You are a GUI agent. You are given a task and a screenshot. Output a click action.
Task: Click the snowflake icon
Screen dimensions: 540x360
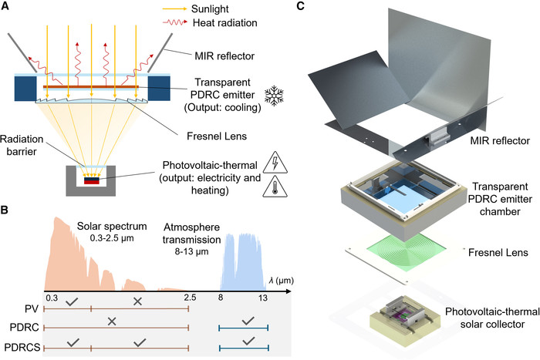[x=274, y=96]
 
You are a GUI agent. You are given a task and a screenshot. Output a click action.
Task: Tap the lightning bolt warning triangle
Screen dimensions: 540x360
[x=275, y=163]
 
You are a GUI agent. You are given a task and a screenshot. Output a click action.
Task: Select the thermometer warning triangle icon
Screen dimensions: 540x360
[x=275, y=187]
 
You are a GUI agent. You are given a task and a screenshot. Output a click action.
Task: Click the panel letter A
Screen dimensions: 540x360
[x=5, y=6]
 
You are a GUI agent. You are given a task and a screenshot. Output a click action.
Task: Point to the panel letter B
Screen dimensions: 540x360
[x=4, y=209]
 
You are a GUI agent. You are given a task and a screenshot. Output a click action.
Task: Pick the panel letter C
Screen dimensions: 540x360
[x=300, y=6]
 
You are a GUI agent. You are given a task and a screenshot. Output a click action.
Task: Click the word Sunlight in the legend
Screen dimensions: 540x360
[x=210, y=9]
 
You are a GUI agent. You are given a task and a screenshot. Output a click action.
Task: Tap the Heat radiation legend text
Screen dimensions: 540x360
[x=225, y=23]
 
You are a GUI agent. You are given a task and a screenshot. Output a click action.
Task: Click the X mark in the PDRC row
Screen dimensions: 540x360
[x=112, y=321]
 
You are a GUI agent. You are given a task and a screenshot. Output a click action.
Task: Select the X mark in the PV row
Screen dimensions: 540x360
[x=137, y=301]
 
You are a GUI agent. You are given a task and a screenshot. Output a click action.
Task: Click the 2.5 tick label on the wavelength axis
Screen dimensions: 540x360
[x=190, y=298]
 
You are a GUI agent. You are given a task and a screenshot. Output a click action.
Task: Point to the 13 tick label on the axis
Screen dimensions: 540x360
[x=263, y=298]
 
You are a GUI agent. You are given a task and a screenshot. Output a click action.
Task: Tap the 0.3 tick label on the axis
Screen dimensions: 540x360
[x=52, y=298]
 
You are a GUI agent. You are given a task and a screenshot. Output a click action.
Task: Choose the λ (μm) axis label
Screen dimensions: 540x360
[x=282, y=281]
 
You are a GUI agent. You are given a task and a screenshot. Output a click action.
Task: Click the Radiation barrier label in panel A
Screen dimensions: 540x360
[x=22, y=145]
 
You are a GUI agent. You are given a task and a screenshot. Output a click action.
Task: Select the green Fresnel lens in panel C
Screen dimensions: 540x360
[x=406, y=251]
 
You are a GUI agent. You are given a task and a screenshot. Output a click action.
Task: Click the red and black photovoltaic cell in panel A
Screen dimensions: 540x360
[x=92, y=180]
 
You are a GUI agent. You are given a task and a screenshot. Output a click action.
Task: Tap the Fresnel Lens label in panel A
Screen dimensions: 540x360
[x=217, y=136]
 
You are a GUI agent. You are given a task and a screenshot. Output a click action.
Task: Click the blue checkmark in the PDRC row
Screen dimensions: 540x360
[x=248, y=321]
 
